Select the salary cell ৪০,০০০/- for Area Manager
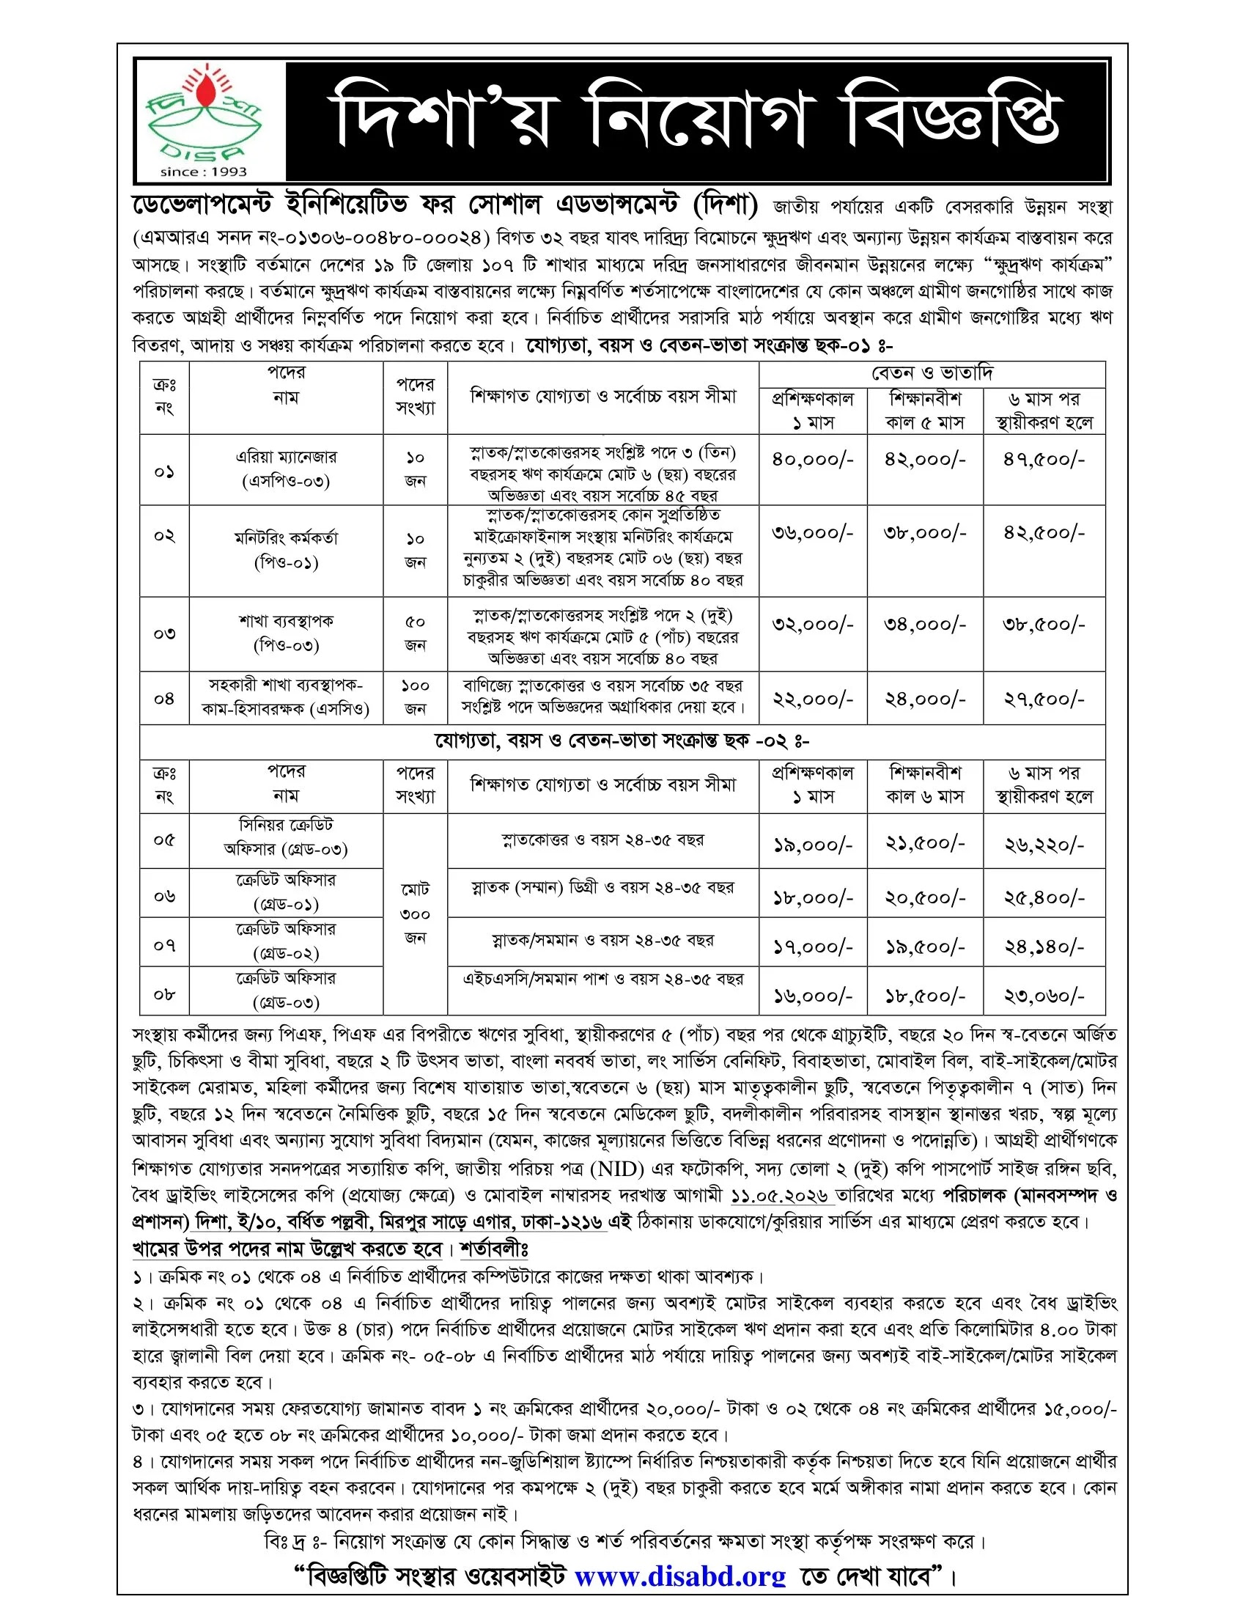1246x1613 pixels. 812,460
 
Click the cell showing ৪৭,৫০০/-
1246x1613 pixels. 1043,460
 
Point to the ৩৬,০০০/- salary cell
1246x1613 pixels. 812,532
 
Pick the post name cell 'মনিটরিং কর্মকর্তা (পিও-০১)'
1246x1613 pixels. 286,550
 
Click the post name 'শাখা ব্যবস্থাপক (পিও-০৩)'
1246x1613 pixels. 286,633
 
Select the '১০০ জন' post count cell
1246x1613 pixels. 415,697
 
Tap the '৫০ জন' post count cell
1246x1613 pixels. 415,633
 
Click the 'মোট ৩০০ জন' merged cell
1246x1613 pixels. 415,914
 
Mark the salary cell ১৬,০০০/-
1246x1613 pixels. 812,996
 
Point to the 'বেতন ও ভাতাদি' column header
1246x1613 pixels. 932,373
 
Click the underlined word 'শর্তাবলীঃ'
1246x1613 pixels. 494,1249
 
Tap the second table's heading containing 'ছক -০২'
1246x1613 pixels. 622,741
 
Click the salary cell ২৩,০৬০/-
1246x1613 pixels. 1043,996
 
